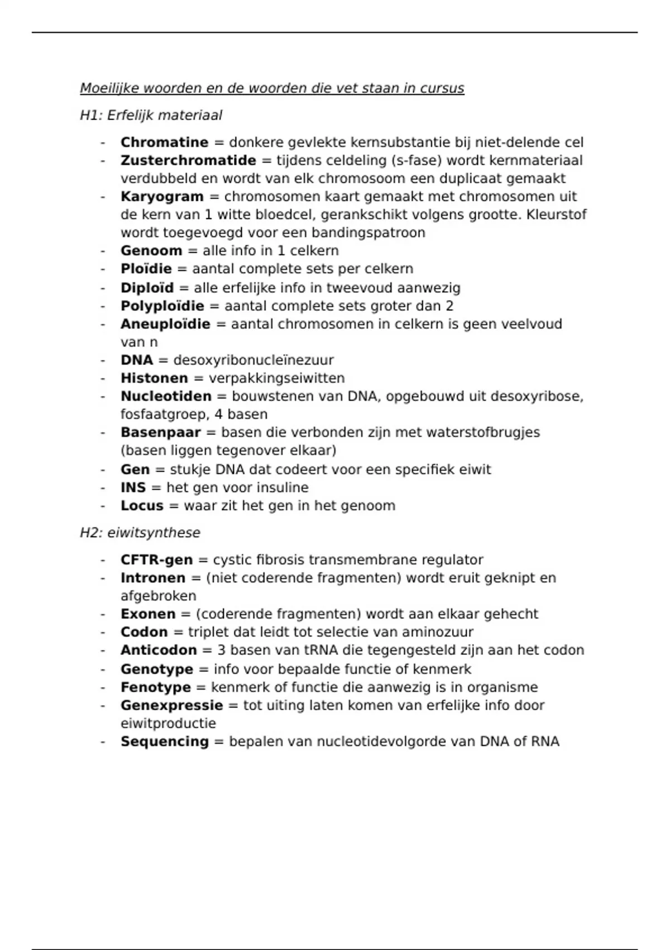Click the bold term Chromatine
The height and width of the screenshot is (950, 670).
pyautogui.click(x=164, y=142)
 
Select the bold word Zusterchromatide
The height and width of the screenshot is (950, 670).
pyautogui.click(x=188, y=160)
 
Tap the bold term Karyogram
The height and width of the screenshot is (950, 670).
pyautogui.click(x=162, y=197)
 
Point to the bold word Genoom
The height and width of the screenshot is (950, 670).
pyautogui.click(x=151, y=251)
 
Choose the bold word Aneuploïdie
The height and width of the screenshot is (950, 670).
pyautogui.click(x=165, y=324)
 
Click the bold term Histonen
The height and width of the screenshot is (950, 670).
pyautogui.click(x=154, y=378)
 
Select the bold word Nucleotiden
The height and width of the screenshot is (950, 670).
pyautogui.click(x=166, y=396)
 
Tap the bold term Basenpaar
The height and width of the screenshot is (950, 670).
pyautogui.click(x=160, y=433)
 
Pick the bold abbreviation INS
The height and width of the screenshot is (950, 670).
pyautogui.click(x=133, y=488)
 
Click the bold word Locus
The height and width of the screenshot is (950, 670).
pyautogui.click(x=142, y=506)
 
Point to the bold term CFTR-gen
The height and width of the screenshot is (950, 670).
pyautogui.click(x=156, y=560)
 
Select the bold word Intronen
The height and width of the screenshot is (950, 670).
pyautogui.click(x=153, y=578)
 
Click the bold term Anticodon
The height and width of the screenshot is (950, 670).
pyautogui.click(x=159, y=650)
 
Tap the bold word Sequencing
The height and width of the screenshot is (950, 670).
pyautogui.click(x=165, y=742)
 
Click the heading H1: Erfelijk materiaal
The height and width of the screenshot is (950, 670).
pyautogui.click(x=151, y=115)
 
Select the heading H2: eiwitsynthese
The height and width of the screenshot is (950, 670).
pyautogui.click(x=140, y=533)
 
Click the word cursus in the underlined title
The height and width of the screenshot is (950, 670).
pyautogui.click(x=442, y=88)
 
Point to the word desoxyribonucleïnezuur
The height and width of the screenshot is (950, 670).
pyautogui.click(x=253, y=360)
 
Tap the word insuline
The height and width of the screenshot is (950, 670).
pyautogui.click(x=281, y=488)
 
